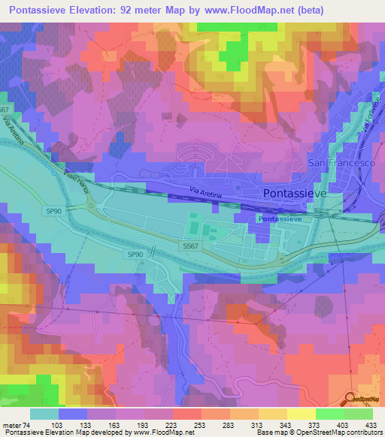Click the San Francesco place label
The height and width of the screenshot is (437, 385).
coord(341,163)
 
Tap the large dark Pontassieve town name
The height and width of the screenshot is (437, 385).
coord(296,193)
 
